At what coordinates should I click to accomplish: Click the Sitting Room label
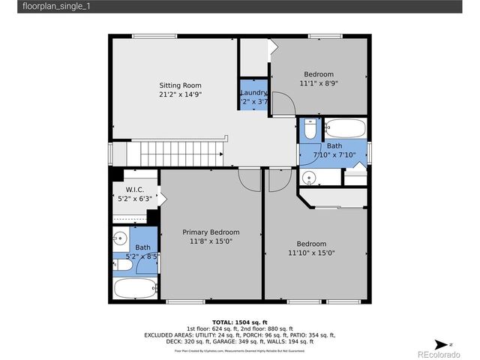180,85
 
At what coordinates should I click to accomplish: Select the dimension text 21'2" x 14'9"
180,95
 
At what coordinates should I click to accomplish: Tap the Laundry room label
253,92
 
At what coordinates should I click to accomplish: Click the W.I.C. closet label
135,190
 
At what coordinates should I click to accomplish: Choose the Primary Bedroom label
211,232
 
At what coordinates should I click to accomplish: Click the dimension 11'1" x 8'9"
319,85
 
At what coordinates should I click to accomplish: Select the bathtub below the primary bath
135,287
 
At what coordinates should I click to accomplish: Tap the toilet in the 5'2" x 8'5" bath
121,262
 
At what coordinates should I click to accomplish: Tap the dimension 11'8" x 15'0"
211,242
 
